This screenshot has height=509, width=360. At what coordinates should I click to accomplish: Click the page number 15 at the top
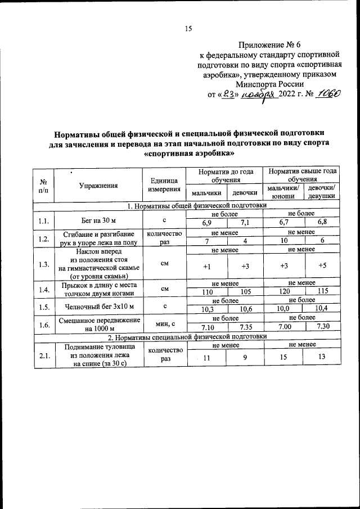188,29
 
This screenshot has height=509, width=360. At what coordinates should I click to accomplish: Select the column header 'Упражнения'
98,184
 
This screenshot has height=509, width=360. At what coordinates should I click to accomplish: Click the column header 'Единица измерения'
164,184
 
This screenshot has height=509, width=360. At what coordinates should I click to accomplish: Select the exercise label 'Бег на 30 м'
98,219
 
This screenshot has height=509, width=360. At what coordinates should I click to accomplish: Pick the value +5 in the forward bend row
322,265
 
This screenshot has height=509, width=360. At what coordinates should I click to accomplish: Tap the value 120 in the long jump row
284,294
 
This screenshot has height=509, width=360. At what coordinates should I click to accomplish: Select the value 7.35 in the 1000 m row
246,328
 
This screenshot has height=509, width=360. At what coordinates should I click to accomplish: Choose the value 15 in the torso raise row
284,358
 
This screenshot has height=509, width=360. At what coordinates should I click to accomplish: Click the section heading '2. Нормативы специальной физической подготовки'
186,336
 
